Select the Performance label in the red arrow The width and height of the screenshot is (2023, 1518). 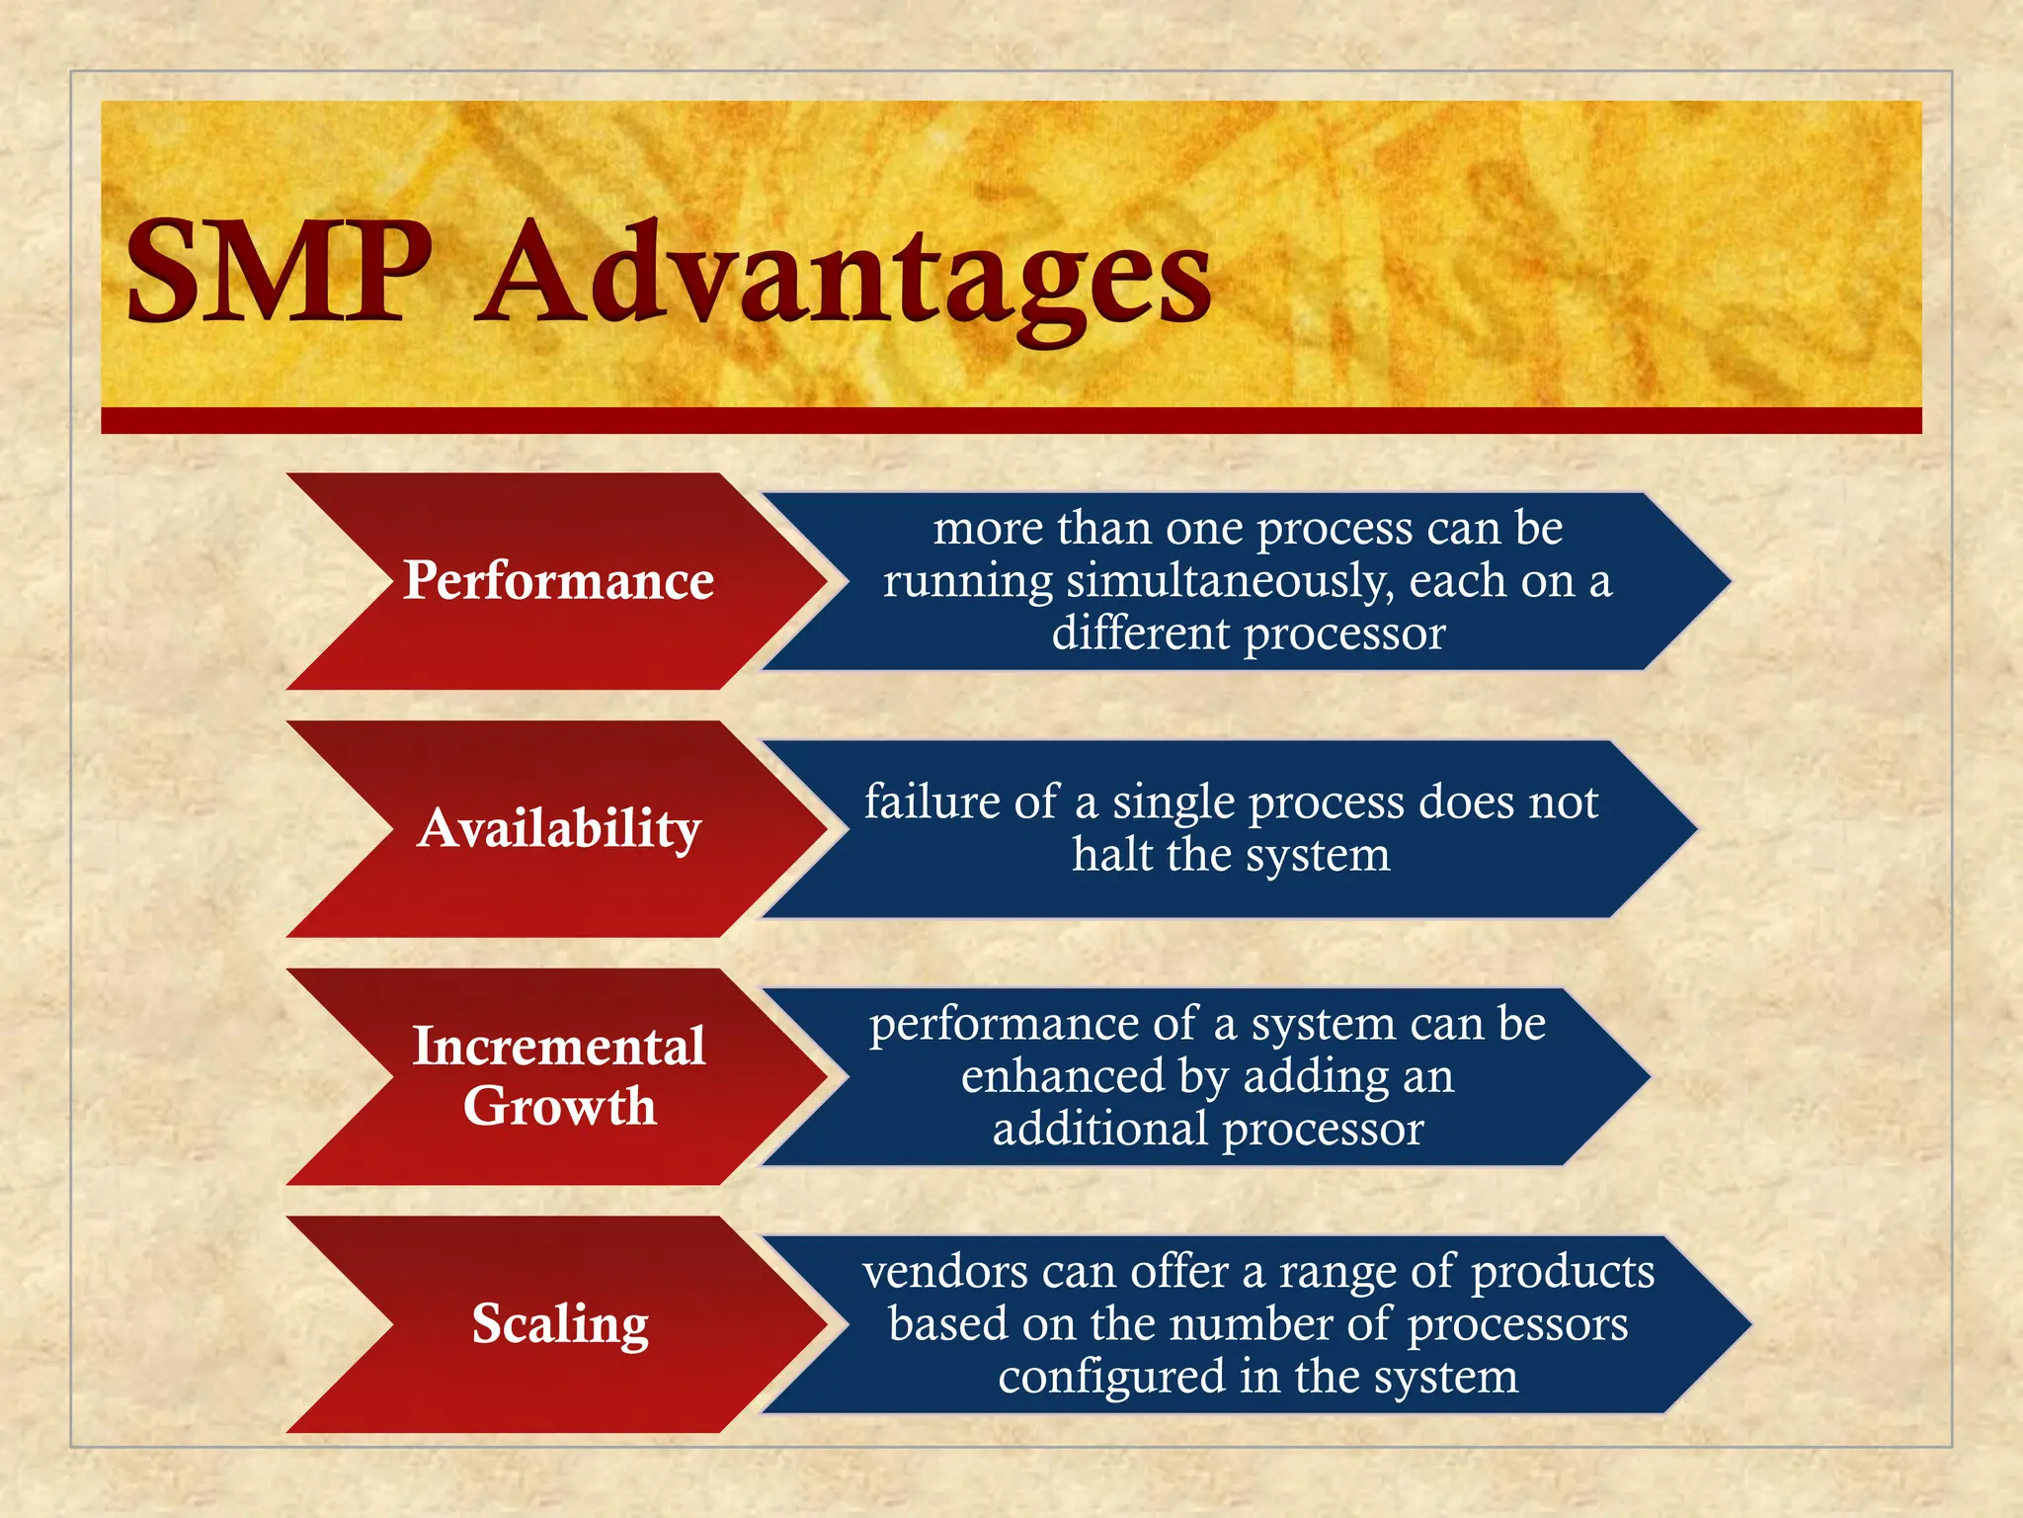(558, 580)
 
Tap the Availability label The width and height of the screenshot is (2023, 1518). (559, 828)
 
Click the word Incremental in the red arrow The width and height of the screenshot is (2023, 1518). (559, 1046)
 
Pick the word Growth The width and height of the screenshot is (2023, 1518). (559, 1105)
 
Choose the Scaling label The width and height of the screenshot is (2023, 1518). (560, 1323)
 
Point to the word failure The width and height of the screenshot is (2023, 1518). (933, 801)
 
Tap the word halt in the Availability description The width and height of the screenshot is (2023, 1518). (1111, 854)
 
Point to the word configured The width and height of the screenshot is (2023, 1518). (1110, 1377)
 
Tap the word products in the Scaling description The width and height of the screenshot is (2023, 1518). (1563, 1272)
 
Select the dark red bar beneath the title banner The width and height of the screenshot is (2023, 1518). (1011, 421)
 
